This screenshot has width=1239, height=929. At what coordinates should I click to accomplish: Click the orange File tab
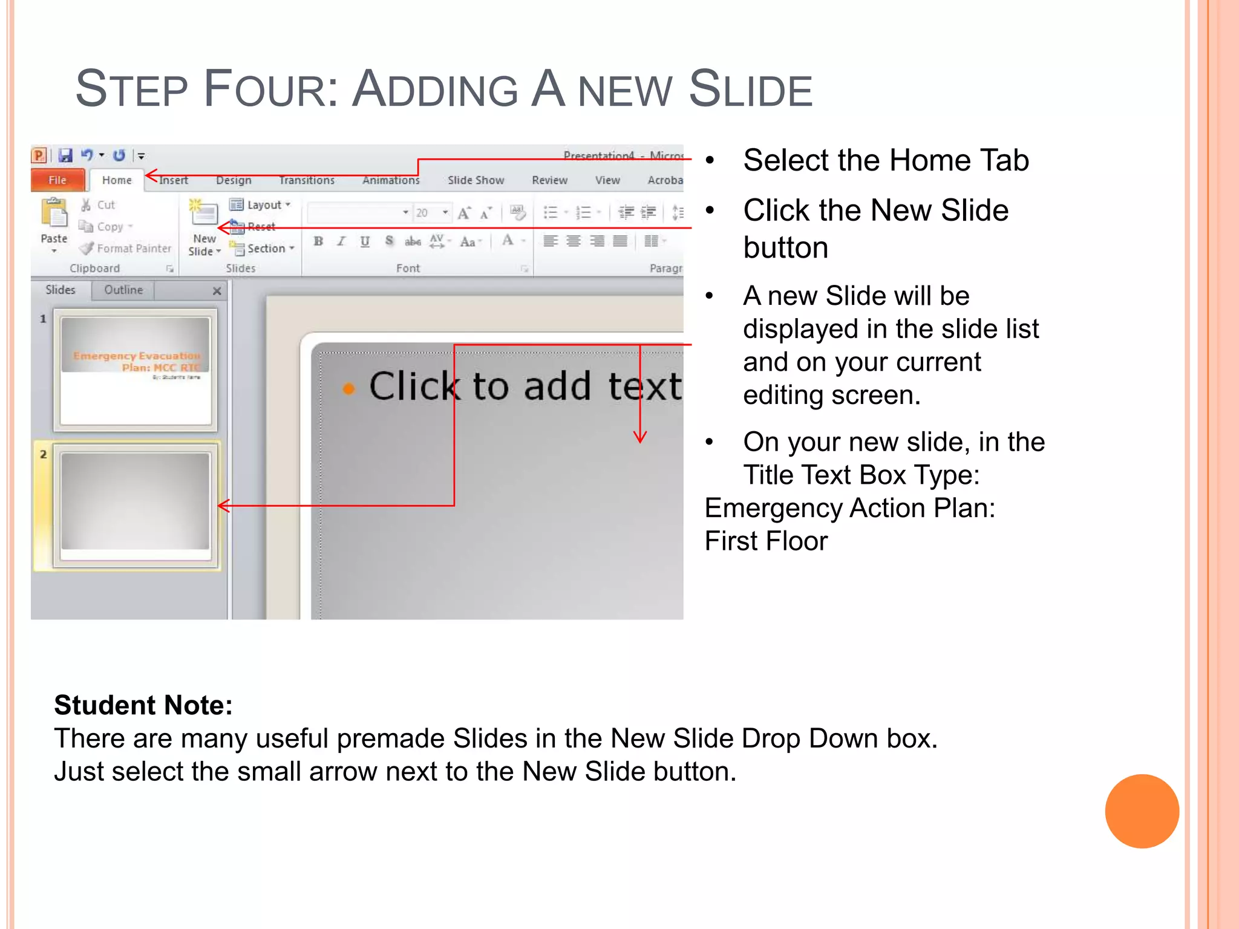(57, 180)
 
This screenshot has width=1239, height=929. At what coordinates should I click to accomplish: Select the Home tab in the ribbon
(117, 180)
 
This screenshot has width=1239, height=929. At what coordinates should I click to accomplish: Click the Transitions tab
(307, 180)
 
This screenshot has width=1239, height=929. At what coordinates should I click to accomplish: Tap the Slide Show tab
(476, 180)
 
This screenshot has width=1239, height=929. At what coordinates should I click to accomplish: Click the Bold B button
(318, 241)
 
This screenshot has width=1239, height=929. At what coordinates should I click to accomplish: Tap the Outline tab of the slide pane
(123, 290)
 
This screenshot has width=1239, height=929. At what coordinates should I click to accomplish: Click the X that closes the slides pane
(217, 291)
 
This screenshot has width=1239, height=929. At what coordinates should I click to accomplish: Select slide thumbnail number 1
(136, 370)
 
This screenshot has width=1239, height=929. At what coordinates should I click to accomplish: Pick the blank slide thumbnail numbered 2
(136, 506)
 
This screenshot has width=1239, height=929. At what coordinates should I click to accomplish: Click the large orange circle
(1142, 811)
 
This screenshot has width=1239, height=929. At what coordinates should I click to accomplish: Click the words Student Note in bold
(143, 705)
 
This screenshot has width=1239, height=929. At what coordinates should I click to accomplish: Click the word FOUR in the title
(270, 90)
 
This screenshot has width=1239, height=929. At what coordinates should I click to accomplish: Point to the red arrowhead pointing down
(640, 437)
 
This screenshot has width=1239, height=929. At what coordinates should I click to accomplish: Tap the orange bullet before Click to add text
(348, 389)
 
